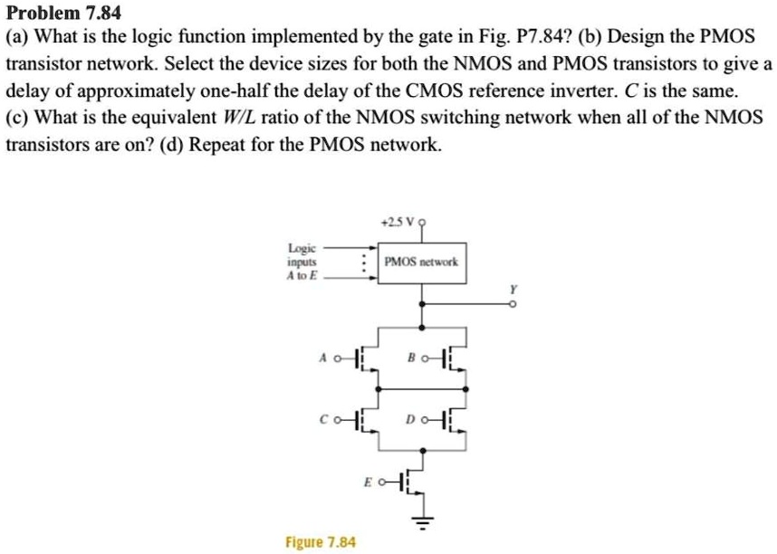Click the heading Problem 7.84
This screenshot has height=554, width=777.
[x=62, y=13]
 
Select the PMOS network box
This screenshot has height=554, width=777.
[x=422, y=262]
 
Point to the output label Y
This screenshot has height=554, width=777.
[x=514, y=288]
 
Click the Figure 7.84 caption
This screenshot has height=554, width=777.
[x=321, y=542]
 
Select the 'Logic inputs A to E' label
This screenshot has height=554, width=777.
[x=302, y=262]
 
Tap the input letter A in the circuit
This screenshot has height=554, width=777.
[x=322, y=358]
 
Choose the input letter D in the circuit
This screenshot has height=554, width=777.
[x=412, y=420]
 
